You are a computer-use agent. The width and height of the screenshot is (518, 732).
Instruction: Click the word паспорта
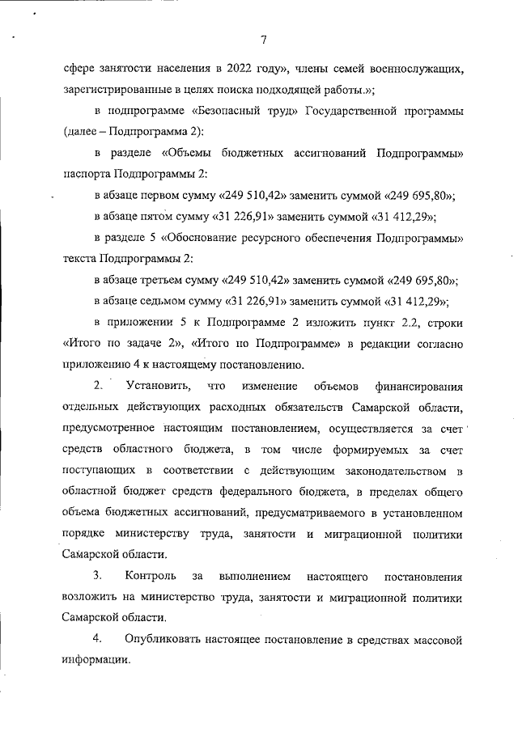click(x=85, y=173)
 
